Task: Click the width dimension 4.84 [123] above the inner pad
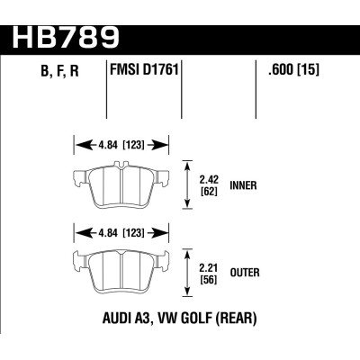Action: [121, 144]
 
